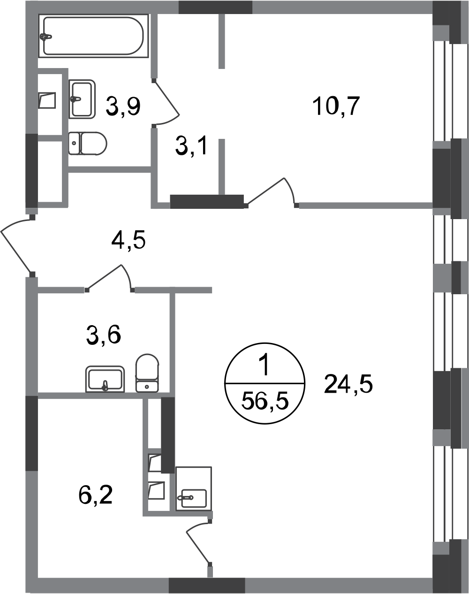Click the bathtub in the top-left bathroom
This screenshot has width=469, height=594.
(93, 36)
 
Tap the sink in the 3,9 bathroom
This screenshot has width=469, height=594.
(82, 99)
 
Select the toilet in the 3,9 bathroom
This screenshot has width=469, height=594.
(87, 144)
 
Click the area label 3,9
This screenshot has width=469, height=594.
(123, 106)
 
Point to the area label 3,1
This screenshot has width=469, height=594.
(191, 147)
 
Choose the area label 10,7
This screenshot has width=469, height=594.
(336, 106)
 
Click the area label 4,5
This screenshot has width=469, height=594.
(129, 240)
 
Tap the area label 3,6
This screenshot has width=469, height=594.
(104, 335)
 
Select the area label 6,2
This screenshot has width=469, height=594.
(96, 495)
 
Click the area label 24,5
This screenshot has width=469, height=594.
(348, 384)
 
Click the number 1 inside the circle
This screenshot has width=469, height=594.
(265, 366)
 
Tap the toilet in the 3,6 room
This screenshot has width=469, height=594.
(147, 373)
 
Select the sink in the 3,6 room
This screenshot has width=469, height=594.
(105, 379)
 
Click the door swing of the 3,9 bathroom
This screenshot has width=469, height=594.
(166, 103)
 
